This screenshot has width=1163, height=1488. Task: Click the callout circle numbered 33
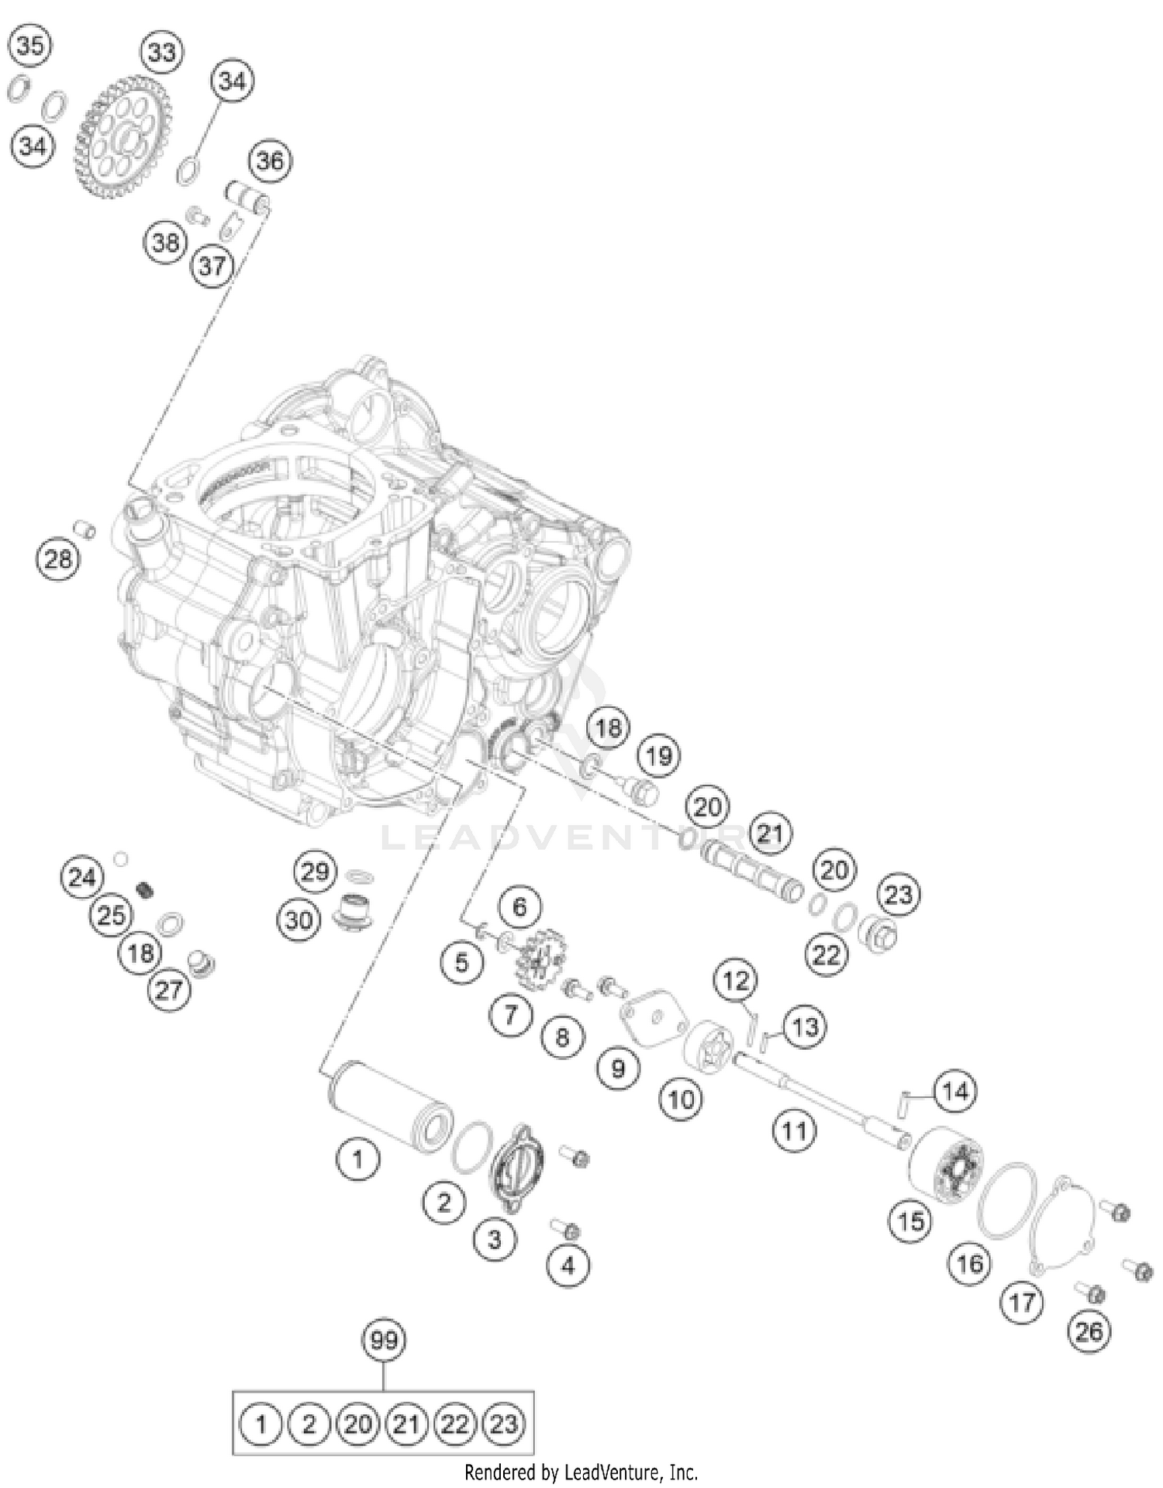tap(161, 52)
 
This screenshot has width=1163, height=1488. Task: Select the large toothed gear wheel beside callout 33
tap(122, 137)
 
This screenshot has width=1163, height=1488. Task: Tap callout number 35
tap(30, 45)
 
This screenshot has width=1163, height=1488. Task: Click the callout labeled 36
tap(269, 161)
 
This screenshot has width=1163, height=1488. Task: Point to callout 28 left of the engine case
tap(57, 558)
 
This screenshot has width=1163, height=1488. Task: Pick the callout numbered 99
tap(384, 1340)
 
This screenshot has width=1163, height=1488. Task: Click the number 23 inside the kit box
tap(503, 1424)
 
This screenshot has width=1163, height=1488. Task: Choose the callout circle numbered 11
tap(794, 1131)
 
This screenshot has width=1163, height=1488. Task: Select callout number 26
tap(1089, 1331)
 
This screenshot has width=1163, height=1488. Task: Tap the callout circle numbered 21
tap(769, 834)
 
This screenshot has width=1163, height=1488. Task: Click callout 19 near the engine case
tap(659, 755)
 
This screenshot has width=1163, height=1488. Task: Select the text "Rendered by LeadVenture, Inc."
tap(581, 1472)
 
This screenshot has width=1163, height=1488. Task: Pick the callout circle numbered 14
tap(954, 1092)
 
